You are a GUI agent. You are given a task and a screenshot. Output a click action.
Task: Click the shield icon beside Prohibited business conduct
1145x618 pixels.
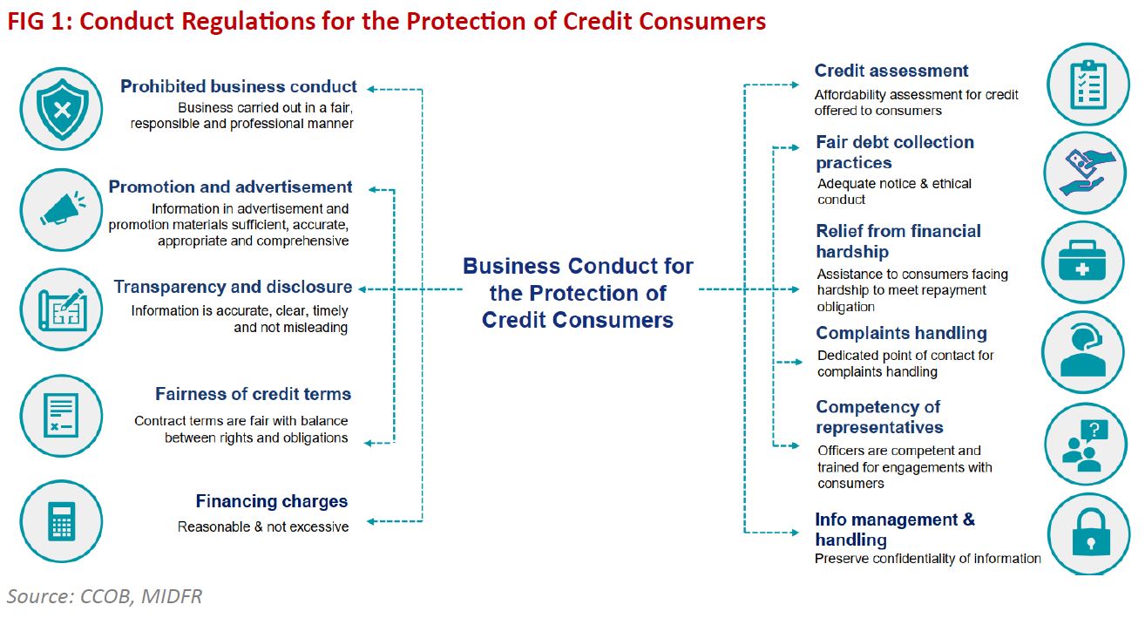click(x=60, y=111)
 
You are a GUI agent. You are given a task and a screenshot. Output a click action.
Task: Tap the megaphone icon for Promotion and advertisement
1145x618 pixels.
click(x=60, y=209)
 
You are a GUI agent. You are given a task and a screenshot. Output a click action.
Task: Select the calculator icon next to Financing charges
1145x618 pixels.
click(x=60, y=520)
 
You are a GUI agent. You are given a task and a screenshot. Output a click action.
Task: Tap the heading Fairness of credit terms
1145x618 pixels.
click(x=253, y=394)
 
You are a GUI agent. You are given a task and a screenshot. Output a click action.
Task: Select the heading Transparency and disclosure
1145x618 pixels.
click(x=233, y=287)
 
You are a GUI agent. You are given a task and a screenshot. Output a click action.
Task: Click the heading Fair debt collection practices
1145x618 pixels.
click(x=894, y=152)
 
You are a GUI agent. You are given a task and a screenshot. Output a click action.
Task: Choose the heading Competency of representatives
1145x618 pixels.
click(x=878, y=417)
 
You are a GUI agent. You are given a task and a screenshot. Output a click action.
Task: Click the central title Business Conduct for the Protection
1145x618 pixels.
click(x=578, y=292)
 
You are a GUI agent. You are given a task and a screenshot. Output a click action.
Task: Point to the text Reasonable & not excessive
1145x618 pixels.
click(x=263, y=526)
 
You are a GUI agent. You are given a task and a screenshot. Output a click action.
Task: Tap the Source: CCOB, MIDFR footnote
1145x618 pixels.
click(x=105, y=596)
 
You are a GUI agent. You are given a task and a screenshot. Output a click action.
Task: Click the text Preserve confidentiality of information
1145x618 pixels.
click(x=927, y=559)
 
